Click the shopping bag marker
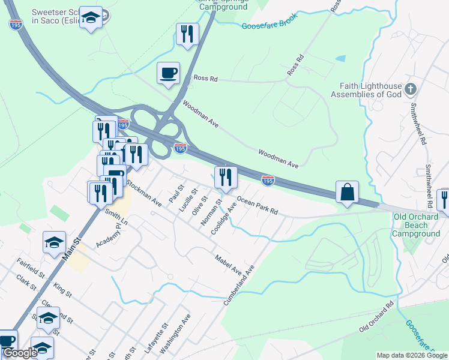(x=347, y=193)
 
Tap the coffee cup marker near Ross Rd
(x=168, y=73)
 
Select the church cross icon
(x=411, y=89)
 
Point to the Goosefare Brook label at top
(x=268, y=25)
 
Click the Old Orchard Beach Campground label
(x=416, y=225)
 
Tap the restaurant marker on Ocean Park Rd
(x=226, y=177)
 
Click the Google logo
(x=19, y=353)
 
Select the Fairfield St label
(x=32, y=267)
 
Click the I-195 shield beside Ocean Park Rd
(x=268, y=180)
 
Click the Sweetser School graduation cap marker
(x=90, y=18)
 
